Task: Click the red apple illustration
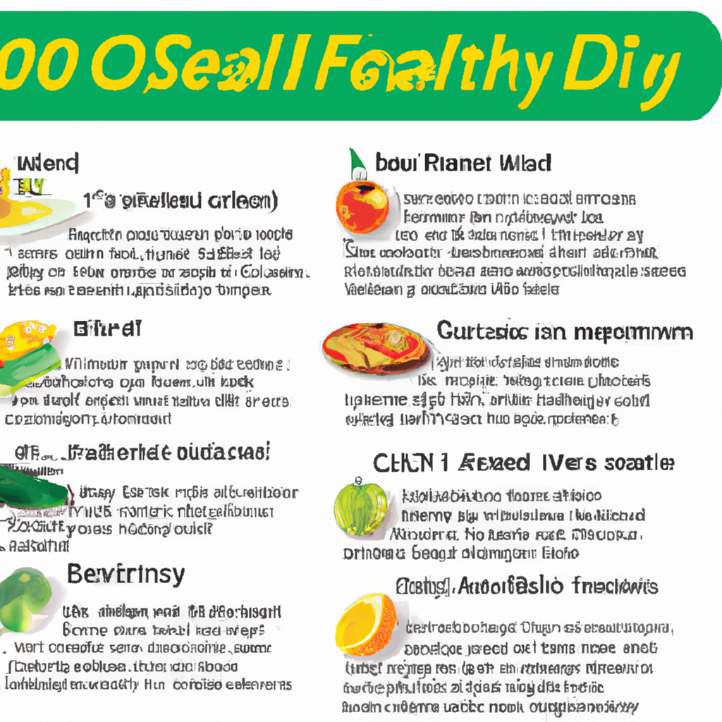[362, 207]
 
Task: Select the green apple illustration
[360, 507]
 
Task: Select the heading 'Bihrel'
[107, 328]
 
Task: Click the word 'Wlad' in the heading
[525, 164]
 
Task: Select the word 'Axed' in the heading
[494, 463]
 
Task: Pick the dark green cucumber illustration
[32, 487]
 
